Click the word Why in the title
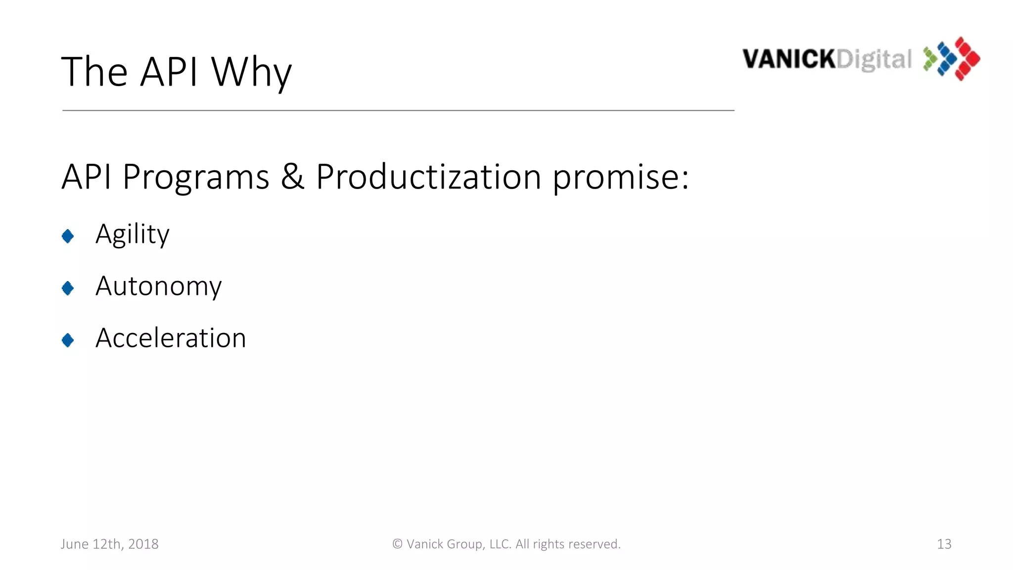[x=251, y=72]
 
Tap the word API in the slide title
[x=169, y=72]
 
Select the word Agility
[x=133, y=234]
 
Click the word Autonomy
[x=158, y=286]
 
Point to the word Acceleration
[x=171, y=338]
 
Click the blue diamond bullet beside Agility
[x=68, y=236]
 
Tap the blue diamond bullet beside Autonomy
[x=68, y=288]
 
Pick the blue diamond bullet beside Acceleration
[x=68, y=340]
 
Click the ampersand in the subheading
[x=292, y=177]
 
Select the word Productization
[x=428, y=177]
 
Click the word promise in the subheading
[x=615, y=177]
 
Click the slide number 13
[x=944, y=544]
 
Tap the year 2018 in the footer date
[x=143, y=544]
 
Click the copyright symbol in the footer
[x=397, y=544]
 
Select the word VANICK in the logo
[x=789, y=59]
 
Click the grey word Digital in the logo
[x=874, y=60]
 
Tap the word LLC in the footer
[x=500, y=544]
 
